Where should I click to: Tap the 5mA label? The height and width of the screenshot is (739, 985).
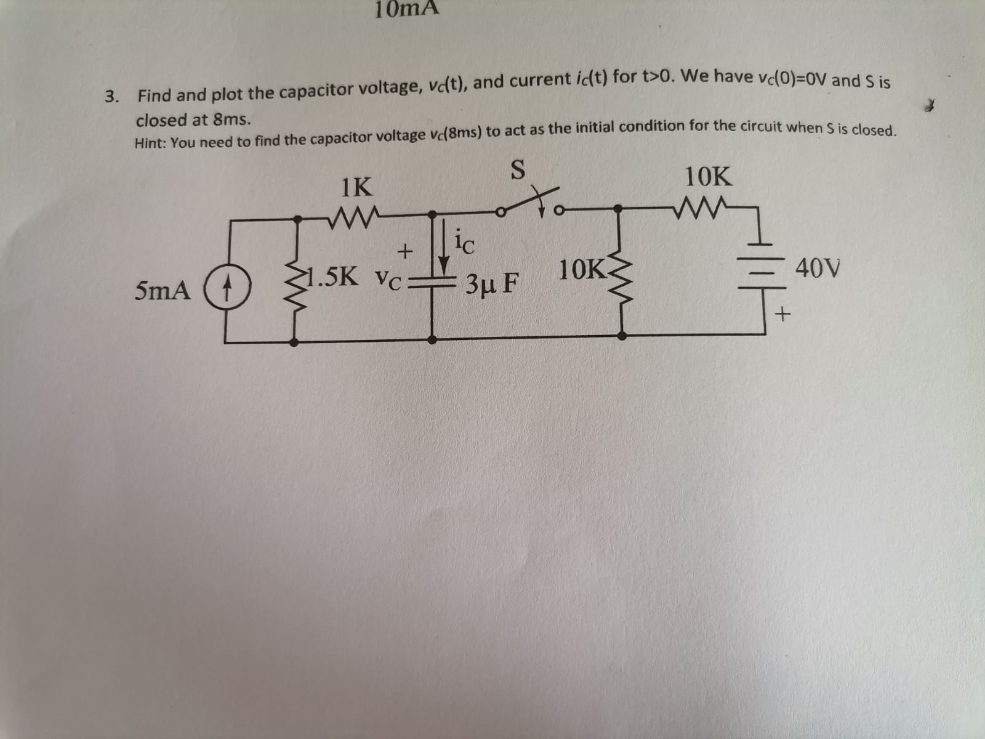point(163,290)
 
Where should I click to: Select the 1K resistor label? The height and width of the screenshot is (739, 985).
point(356,187)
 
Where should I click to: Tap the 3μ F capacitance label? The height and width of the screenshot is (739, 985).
point(492,284)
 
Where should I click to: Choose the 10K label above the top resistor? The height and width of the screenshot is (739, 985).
point(709,177)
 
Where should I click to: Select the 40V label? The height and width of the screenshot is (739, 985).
point(818,269)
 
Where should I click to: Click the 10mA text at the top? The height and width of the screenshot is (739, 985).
point(407,8)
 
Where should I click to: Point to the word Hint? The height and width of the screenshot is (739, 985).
point(150,143)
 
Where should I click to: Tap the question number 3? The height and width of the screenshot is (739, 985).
point(111,97)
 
